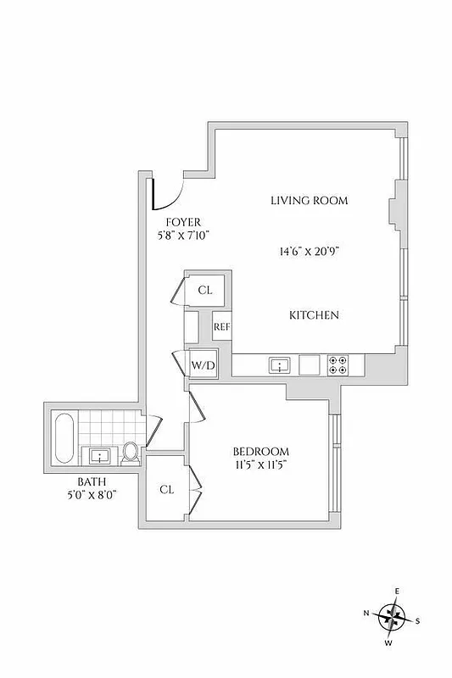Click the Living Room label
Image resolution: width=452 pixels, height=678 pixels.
tap(310, 201)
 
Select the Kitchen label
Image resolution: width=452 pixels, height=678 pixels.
tap(314, 315)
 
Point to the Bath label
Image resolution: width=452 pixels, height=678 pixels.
tap(92, 481)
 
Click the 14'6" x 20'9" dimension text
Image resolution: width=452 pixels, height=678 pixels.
tap(310, 252)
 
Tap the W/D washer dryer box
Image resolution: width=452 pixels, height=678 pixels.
tap(203, 366)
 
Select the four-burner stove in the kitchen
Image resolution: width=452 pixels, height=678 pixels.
tap(338, 365)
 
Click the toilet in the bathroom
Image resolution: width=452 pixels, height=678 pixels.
tap(131, 453)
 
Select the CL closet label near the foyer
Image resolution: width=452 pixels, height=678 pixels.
tap(205, 290)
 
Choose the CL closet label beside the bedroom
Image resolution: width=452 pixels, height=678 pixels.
tap(167, 489)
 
